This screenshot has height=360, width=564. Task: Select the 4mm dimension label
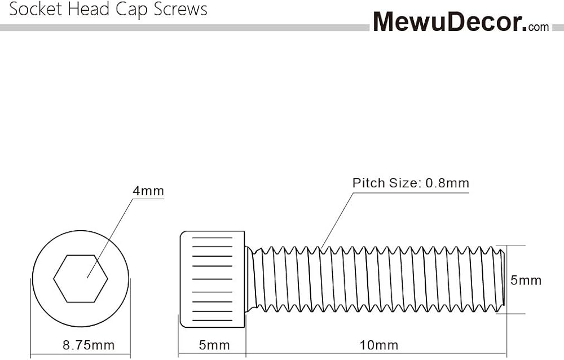point(148,191)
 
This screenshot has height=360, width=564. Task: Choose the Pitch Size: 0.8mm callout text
point(411,183)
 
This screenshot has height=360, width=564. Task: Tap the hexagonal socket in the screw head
point(81,278)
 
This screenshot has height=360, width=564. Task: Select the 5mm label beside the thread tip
point(526,280)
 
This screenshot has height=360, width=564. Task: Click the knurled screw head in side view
point(212,278)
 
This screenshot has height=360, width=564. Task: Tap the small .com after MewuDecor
point(539,26)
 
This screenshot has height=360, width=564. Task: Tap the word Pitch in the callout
point(367,183)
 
